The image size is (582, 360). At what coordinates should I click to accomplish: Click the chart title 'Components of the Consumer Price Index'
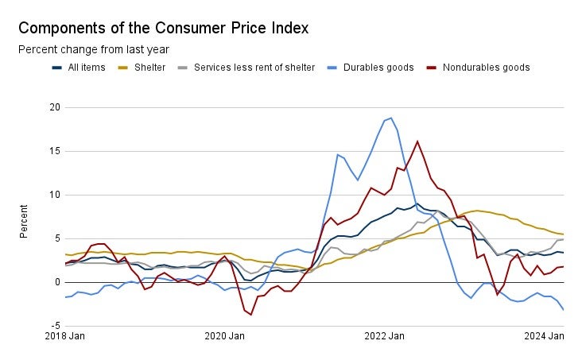163,28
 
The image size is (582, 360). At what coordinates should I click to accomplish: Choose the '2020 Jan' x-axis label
225,337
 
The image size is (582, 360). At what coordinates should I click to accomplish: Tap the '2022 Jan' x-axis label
386,337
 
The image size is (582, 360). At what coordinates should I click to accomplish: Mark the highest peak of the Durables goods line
391,118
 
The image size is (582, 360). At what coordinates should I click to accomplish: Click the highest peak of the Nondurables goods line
417,141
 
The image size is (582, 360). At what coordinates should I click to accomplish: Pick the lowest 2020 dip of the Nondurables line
251,315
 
